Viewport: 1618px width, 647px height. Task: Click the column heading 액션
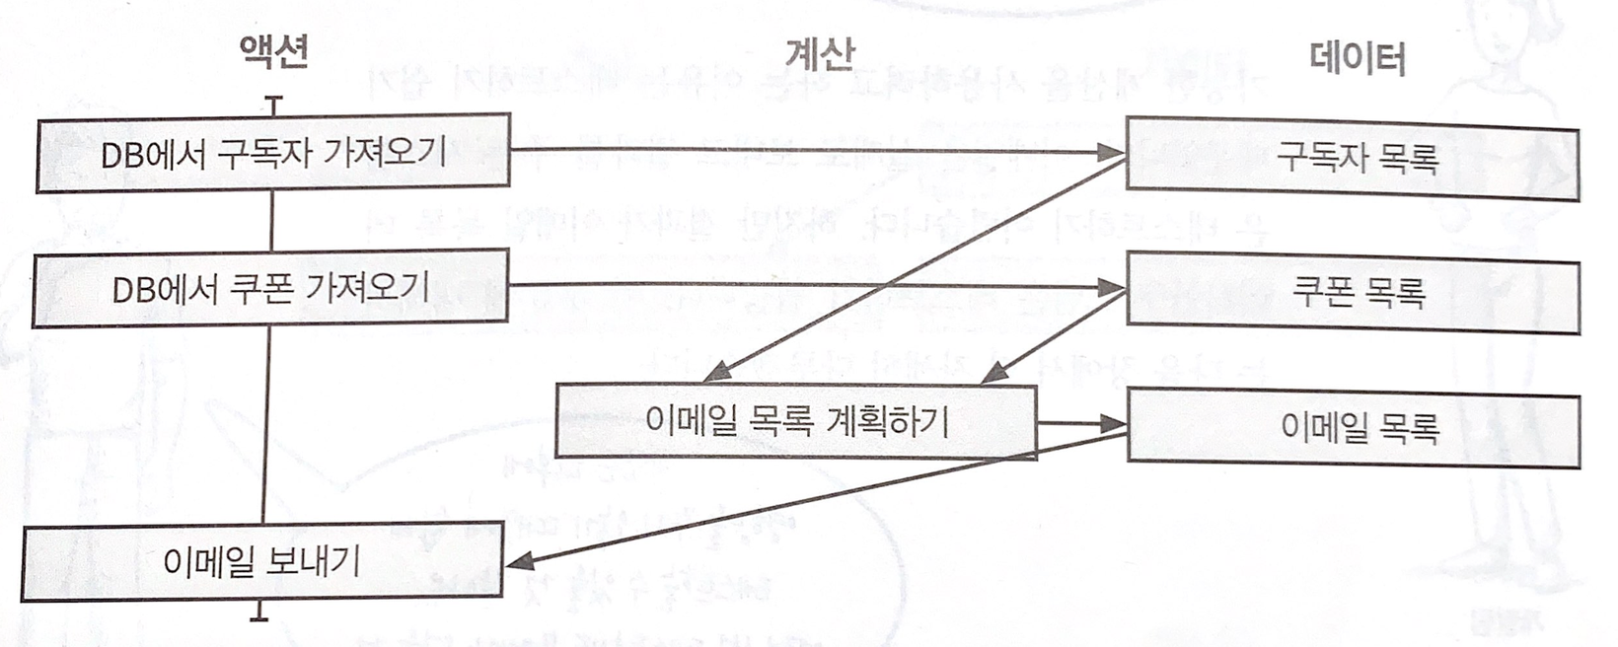click(274, 51)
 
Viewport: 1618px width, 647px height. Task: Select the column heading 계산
click(821, 54)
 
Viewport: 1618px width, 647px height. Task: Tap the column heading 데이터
click(1359, 59)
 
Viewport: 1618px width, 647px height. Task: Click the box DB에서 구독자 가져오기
click(272, 153)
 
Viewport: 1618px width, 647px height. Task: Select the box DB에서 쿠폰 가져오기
click(270, 288)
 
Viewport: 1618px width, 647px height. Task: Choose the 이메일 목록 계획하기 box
click(795, 422)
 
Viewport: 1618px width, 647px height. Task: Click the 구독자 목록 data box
click(1354, 159)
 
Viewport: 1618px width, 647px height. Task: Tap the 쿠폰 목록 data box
click(1354, 293)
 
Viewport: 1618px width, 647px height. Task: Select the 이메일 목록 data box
click(1354, 428)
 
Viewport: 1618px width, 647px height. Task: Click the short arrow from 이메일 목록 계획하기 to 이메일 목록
click(1081, 424)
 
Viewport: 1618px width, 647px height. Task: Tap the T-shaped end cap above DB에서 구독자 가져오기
click(273, 102)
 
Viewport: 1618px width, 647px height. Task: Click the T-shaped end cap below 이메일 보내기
click(259, 615)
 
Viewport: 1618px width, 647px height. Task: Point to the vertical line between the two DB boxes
click(271, 221)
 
